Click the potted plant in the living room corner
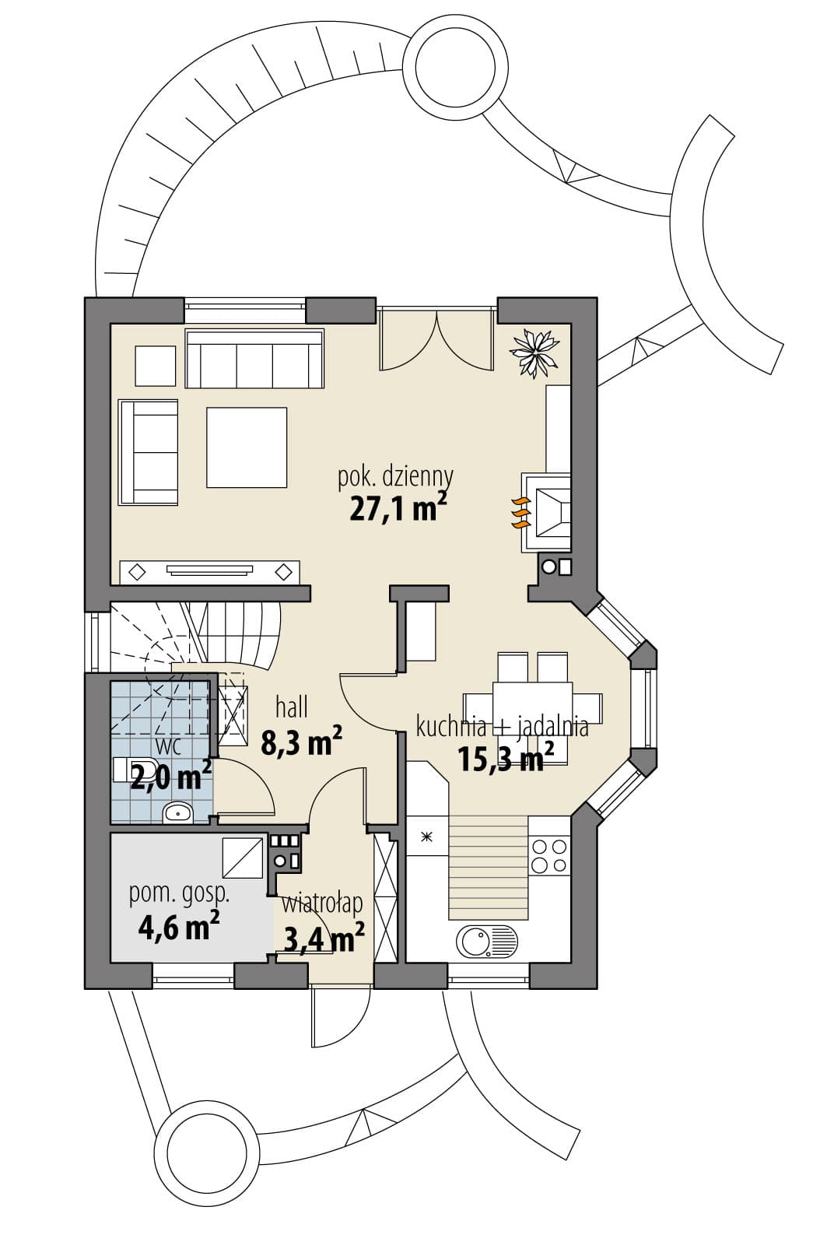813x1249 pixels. point(534,353)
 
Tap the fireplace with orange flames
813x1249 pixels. point(545,512)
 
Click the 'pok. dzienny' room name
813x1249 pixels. point(395,477)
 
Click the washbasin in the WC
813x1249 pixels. point(177,813)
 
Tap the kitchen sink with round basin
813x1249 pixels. point(487,941)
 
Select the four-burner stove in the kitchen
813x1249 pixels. point(548,856)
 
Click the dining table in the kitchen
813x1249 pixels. point(532,708)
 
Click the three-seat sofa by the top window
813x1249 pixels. point(254,358)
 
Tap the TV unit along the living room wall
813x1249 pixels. point(209,572)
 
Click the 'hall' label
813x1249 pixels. point(292,708)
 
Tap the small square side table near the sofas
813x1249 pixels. point(156,366)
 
